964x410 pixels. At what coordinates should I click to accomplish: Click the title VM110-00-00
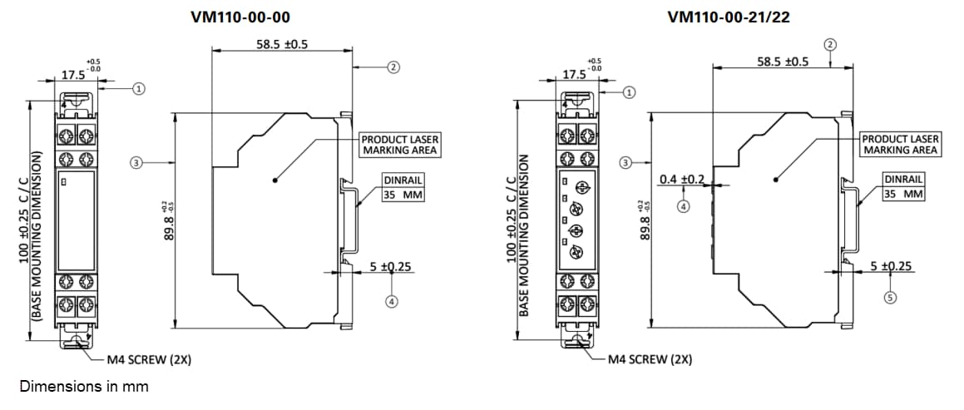pyautogui.click(x=240, y=17)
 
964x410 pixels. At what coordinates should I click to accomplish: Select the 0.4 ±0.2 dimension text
pyautogui.click(x=682, y=180)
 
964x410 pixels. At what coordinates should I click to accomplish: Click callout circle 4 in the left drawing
pyautogui.click(x=391, y=301)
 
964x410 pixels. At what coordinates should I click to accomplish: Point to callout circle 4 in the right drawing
pyautogui.click(x=682, y=205)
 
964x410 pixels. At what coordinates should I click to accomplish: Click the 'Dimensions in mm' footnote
pyautogui.click(x=83, y=387)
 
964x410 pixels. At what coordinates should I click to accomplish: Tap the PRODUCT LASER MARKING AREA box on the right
pyautogui.click(x=900, y=145)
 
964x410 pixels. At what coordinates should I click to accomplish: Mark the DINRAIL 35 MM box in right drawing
pyautogui.click(x=902, y=186)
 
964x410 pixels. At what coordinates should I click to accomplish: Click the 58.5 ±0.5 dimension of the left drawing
pyautogui.click(x=281, y=44)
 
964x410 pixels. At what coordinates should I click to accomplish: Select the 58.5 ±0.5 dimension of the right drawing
pyautogui.click(x=782, y=62)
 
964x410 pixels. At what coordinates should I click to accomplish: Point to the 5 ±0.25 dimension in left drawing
pyautogui.click(x=391, y=267)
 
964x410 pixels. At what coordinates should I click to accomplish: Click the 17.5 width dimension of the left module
pyautogui.click(x=74, y=75)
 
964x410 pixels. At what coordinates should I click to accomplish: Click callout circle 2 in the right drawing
pyautogui.click(x=829, y=43)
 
